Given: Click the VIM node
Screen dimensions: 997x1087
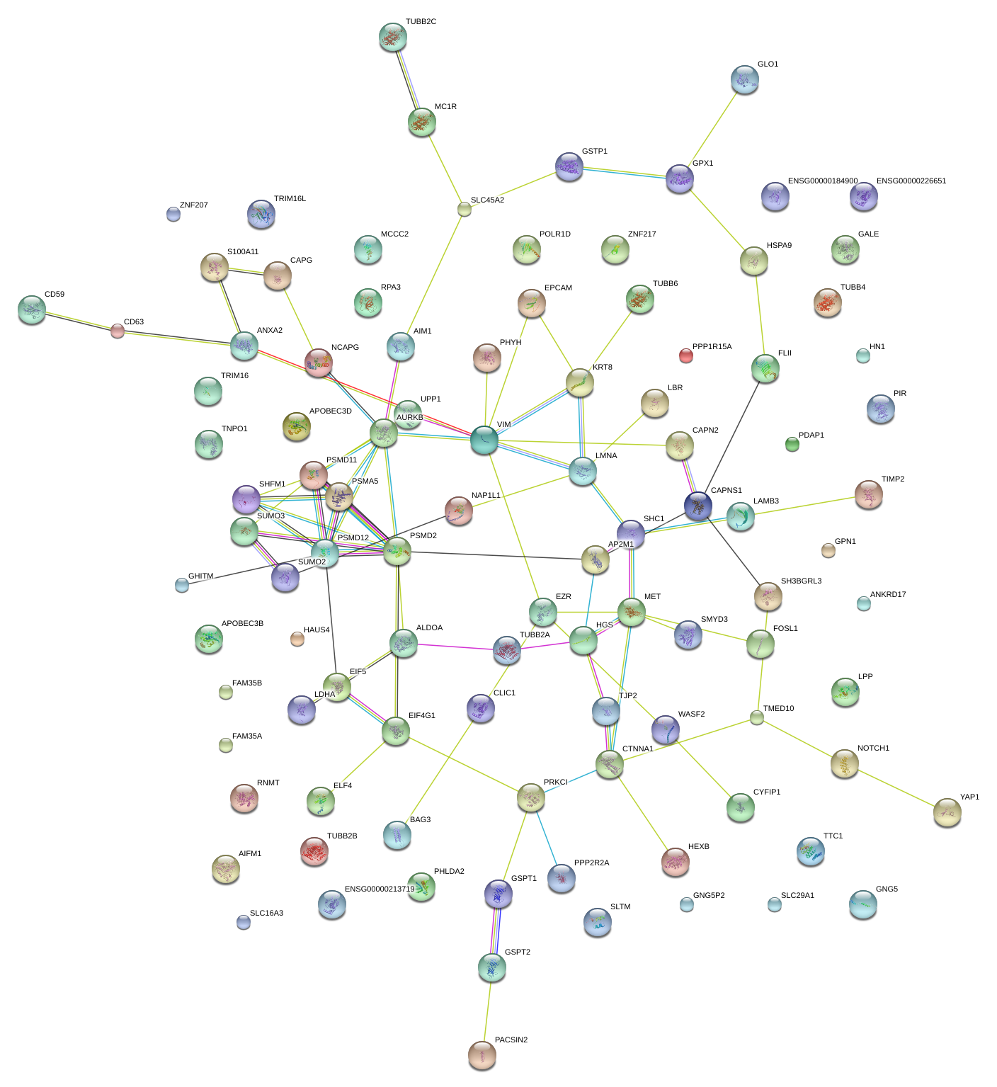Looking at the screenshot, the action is click(x=484, y=440).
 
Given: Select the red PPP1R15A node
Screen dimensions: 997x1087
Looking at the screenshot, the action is click(x=685, y=355).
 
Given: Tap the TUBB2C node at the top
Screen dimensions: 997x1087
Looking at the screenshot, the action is click(x=393, y=37).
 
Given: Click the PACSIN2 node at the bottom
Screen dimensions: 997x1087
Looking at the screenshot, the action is click(x=482, y=1054).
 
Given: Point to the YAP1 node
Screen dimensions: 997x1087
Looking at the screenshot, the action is click(x=947, y=812).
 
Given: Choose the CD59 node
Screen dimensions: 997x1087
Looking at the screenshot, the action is click(x=32, y=309).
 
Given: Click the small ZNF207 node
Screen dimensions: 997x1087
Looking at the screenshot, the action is click(x=173, y=213).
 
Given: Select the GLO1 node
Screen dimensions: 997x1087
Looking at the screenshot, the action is click(x=744, y=80).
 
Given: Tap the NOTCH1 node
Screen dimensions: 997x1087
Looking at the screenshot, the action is click(x=844, y=763).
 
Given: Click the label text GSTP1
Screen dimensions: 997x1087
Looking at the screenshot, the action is click(x=595, y=152).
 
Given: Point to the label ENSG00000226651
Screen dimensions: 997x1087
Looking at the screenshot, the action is click(x=911, y=181).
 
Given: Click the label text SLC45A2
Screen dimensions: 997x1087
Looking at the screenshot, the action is click(x=487, y=200).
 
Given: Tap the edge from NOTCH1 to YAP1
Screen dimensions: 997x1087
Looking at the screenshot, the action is click(x=896, y=788).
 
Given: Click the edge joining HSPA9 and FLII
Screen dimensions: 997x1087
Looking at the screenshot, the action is click(x=760, y=315).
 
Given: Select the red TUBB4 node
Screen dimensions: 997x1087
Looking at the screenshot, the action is click(x=828, y=302).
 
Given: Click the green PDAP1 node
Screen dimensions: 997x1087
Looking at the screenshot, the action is click(x=792, y=444).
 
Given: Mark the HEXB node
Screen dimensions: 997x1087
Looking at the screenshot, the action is click(x=675, y=861).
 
